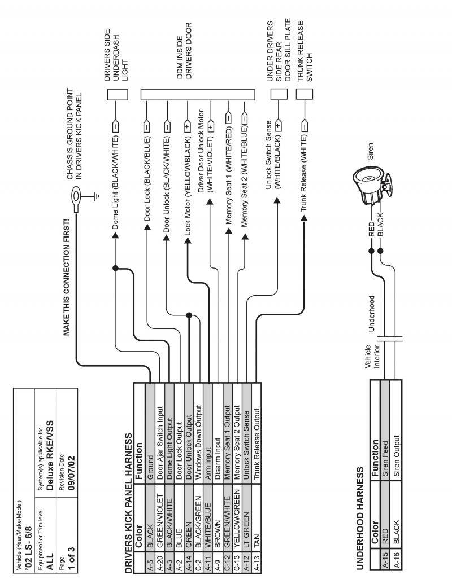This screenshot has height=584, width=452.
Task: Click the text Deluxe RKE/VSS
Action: [49, 440]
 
